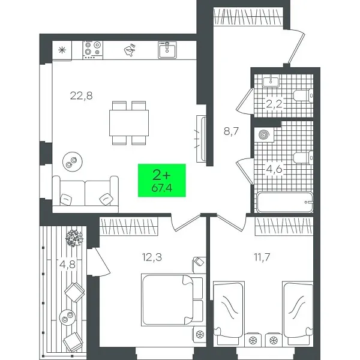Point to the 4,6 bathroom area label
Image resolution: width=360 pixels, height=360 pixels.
click(x=274, y=169)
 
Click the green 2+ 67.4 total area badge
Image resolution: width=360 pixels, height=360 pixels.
click(x=161, y=181)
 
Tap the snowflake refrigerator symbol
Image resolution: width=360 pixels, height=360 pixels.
click(x=61, y=50)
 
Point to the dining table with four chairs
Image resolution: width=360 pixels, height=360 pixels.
click(x=129, y=123)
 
